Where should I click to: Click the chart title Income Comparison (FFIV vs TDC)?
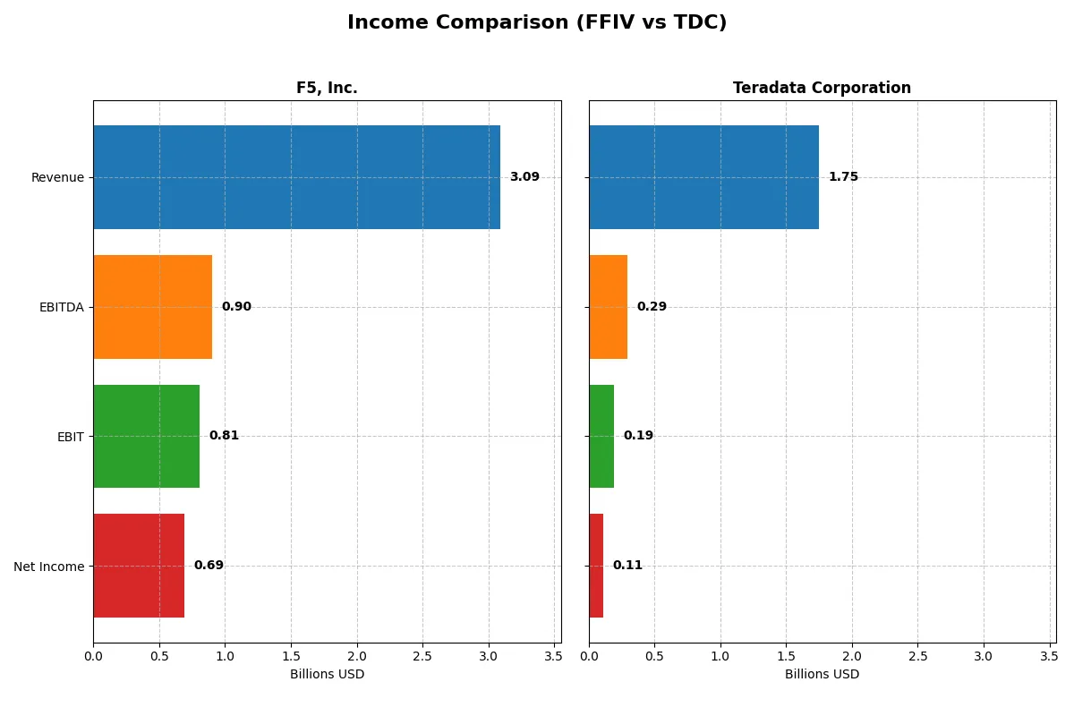point(537,22)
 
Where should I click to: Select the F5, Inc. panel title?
point(327,88)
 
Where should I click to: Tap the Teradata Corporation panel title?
point(822,88)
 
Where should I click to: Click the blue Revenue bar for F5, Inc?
point(296,177)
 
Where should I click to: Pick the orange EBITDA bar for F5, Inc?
point(152,307)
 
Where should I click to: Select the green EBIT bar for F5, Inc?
point(146,436)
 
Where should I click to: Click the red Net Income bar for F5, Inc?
point(139,566)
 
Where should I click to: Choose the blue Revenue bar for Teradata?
point(703,177)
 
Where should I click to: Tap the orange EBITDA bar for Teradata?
point(608,307)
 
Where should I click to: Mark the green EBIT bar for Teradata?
point(601,436)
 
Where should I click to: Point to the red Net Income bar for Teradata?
point(596,566)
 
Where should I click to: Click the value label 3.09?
point(524,177)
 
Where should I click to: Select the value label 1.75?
point(843,177)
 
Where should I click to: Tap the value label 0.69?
point(209,566)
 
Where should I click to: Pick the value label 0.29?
point(652,307)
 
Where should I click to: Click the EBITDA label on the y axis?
point(62,307)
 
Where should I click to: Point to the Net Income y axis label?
point(49,567)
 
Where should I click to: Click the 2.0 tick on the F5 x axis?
point(356,656)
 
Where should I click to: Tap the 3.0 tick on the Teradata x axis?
point(984,656)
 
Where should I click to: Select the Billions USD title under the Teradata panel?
point(822,674)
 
